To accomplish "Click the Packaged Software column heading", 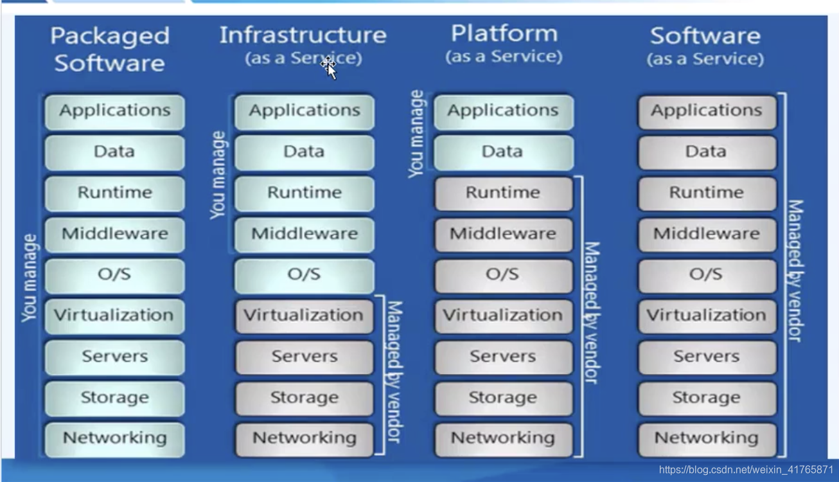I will tap(110, 49).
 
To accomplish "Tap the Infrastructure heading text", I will tap(303, 35).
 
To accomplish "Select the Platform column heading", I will tap(503, 33).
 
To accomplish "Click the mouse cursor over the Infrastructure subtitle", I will tap(330, 66).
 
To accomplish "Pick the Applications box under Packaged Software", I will tap(114, 111).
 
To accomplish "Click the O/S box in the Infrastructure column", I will tap(304, 275).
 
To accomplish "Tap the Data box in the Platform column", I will tap(502, 152).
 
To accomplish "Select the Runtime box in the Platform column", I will tap(502, 193).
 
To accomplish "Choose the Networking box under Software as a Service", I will tap(706, 438).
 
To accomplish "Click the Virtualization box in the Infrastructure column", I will tap(304, 316).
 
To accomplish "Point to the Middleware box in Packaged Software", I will tap(114, 234).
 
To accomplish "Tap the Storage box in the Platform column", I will tap(502, 398).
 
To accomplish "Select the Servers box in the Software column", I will tap(706, 357).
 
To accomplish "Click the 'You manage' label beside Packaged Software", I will tap(30, 278).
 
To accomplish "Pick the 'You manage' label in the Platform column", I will tap(417, 134).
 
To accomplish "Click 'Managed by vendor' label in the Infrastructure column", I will tap(394, 371).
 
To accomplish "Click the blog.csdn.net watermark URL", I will tap(746, 470).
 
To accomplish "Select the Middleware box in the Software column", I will tap(706, 234).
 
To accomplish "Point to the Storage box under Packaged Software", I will tap(114, 398).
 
